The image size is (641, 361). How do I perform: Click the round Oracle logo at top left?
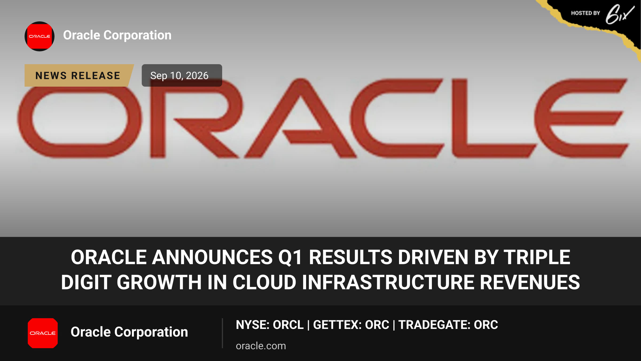point(40,36)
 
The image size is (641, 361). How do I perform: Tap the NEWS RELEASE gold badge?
point(79,75)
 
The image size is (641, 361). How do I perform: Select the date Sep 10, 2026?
point(179,76)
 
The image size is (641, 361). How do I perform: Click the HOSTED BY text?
point(585,13)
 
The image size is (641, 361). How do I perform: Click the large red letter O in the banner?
point(79,122)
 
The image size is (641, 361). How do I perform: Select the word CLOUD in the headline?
point(264,282)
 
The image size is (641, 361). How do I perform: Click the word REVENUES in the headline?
point(530,282)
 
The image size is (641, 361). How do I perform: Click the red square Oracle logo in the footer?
point(43,333)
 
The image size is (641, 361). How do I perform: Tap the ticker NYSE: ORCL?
point(270,325)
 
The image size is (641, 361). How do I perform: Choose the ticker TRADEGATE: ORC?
point(448,325)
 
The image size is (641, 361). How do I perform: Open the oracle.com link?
point(261,346)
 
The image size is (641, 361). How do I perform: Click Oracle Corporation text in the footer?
point(129,332)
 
